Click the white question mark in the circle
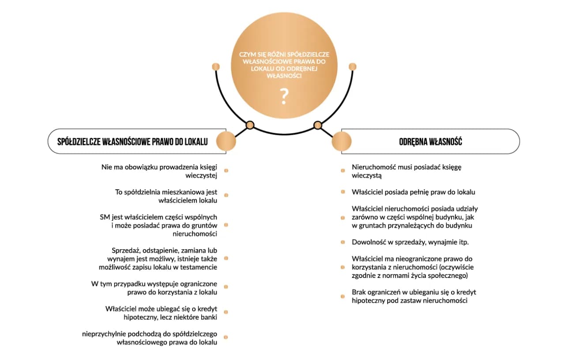point(284,96)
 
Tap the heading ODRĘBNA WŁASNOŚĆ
point(430,142)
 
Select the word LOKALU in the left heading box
point(196,142)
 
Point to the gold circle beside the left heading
point(226,141)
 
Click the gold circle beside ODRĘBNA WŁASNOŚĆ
point(342,141)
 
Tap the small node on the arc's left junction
point(250,125)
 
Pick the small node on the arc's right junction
point(317,125)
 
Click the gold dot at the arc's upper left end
point(216,67)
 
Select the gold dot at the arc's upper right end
point(353,67)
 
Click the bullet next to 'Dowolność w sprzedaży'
point(343,242)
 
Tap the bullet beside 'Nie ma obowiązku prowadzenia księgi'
point(226,171)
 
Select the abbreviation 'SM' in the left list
point(105,217)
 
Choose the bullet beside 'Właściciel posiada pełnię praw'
point(343,192)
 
